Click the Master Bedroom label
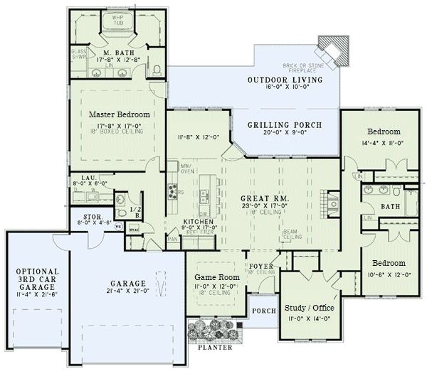pos(119,114)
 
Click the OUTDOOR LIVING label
pos(284,80)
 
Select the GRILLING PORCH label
pos(284,125)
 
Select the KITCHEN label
pos(200,222)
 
